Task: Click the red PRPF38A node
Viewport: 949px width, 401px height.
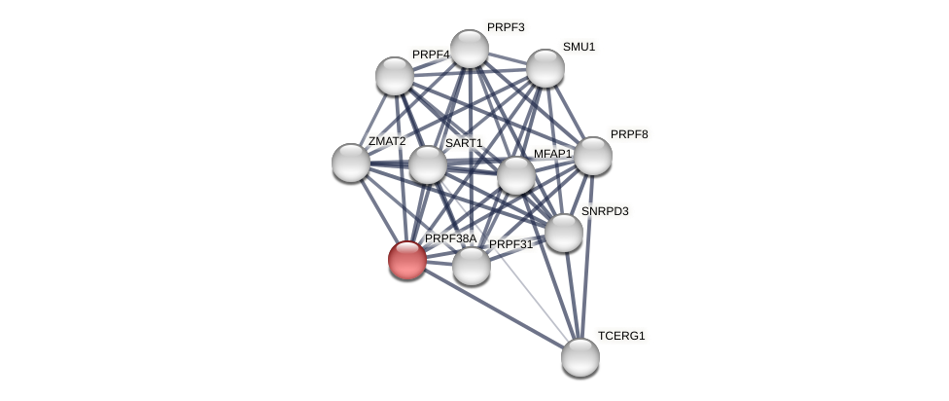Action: (x=407, y=260)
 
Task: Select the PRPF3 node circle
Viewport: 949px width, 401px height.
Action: (x=469, y=49)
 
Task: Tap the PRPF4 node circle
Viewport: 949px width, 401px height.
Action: (x=395, y=76)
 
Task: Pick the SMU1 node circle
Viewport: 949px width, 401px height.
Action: (x=545, y=68)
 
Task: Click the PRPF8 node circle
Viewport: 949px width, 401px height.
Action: (x=592, y=156)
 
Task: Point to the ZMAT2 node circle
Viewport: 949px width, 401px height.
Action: (x=351, y=163)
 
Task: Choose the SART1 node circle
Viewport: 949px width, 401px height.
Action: (x=427, y=164)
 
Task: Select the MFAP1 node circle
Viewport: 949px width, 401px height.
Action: (x=516, y=175)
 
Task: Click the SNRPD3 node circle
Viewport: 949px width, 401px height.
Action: (x=564, y=233)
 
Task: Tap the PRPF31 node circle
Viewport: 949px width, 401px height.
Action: (x=472, y=266)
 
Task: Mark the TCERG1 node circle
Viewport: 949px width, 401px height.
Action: (x=580, y=356)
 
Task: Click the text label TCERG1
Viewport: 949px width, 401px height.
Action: (x=620, y=336)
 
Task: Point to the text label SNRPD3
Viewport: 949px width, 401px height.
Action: (x=604, y=211)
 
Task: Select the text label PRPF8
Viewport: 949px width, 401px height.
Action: (x=628, y=134)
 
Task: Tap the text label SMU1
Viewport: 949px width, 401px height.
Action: (x=579, y=47)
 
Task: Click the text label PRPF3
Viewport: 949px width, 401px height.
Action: (x=505, y=27)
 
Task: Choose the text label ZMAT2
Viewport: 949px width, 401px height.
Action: (x=386, y=141)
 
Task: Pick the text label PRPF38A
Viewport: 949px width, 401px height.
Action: (x=450, y=238)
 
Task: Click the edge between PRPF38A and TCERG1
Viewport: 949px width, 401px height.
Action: (x=494, y=309)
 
